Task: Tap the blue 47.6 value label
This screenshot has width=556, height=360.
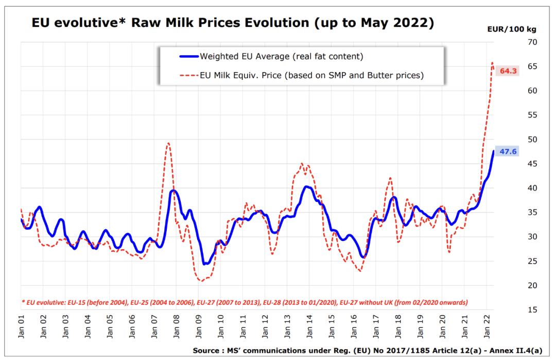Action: [x=509, y=151]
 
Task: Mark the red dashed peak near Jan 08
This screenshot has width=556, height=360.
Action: [x=168, y=143]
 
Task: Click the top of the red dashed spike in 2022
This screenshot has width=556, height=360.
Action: [x=492, y=62]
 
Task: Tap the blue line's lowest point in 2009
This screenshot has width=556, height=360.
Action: [x=204, y=264]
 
